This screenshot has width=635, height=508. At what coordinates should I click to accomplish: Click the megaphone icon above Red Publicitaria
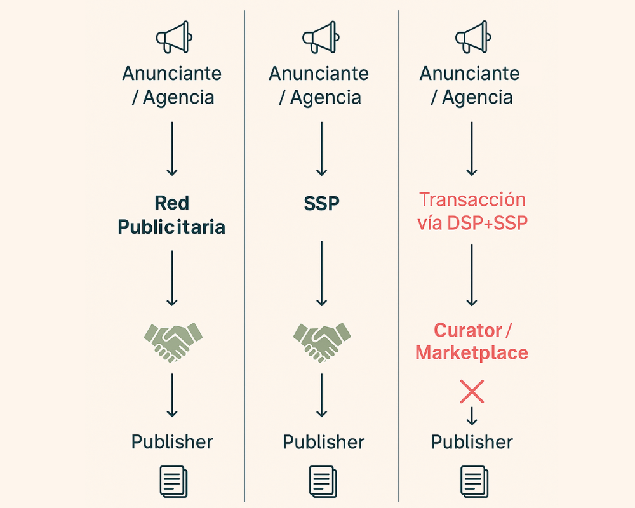pos(173,37)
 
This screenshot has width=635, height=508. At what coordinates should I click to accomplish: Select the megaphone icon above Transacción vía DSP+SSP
pos(471,37)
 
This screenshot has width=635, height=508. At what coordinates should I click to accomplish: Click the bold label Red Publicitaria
pos(171,215)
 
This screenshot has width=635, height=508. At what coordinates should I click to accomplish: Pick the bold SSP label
pos(321,204)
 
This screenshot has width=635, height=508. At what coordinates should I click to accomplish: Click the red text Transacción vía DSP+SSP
pos(472,211)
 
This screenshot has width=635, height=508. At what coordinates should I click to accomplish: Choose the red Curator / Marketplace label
pos(472,341)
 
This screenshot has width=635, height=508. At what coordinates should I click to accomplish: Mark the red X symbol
pos(472,392)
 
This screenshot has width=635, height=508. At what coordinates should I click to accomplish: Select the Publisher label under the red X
pos(472,442)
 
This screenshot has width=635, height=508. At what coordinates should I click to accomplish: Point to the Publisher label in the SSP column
pos(323,442)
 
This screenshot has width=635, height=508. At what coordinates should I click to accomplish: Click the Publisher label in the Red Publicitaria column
pos(172,442)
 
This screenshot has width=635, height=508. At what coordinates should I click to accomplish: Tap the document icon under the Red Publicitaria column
pos(173,480)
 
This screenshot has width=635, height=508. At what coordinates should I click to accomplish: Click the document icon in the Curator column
pos(472,480)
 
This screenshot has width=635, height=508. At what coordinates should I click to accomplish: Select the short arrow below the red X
pos(472,417)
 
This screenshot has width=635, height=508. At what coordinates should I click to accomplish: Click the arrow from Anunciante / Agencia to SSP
pos(321,149)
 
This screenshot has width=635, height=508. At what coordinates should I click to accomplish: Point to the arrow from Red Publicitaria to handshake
pos(171,278)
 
